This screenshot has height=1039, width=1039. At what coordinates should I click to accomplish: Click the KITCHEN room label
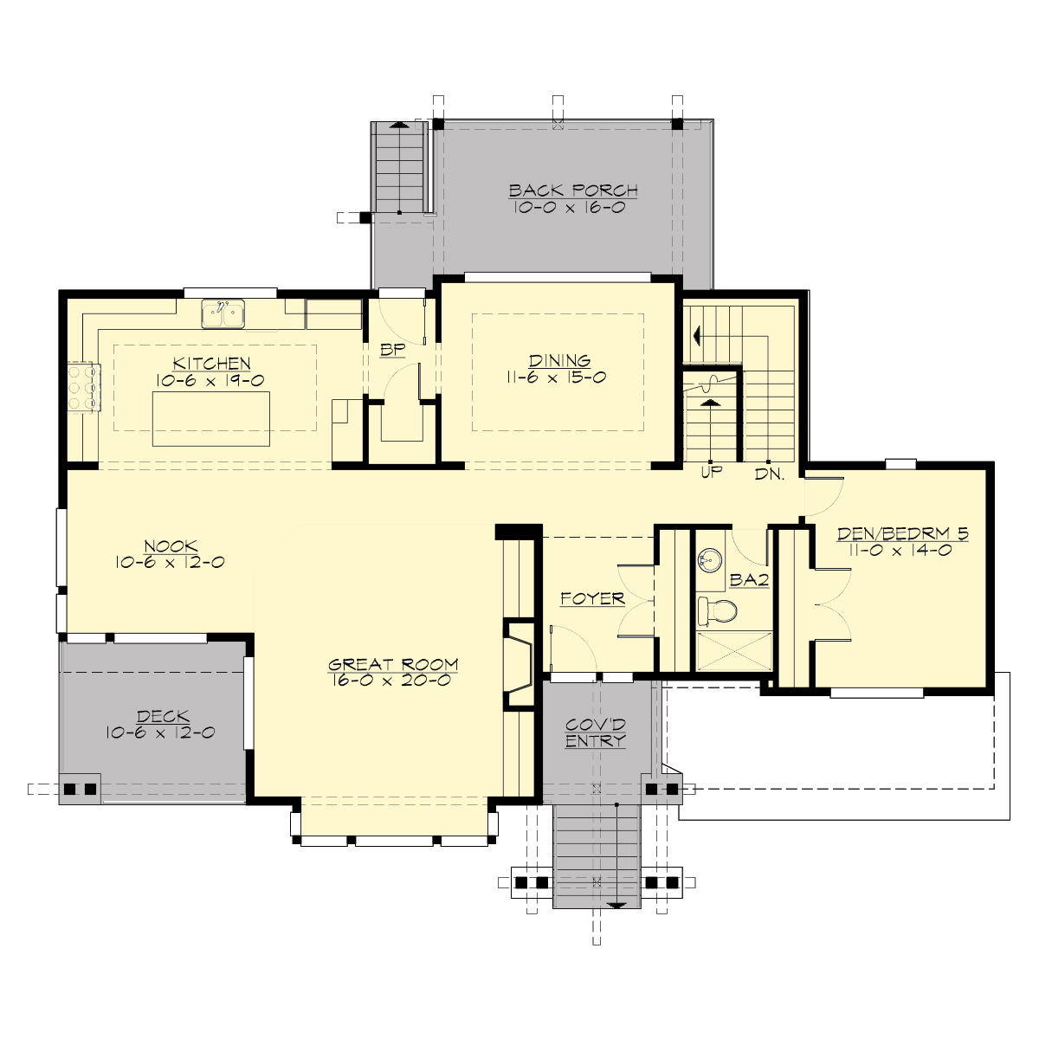(211, 364)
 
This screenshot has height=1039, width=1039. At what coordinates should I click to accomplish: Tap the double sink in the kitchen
(224, 314)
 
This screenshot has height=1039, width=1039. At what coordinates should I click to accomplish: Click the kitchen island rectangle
(211, 418)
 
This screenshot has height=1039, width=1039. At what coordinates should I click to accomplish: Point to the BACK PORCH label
(573, 190)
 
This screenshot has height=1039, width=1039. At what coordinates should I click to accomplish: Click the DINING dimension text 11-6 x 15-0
(559, 378)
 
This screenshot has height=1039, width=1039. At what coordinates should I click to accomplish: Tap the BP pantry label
(393, 352)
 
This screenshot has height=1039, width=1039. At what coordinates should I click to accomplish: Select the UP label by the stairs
(710, 474)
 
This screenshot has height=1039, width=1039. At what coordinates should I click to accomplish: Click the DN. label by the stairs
(769, 474)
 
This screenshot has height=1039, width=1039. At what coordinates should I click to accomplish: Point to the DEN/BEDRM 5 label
(902, 534)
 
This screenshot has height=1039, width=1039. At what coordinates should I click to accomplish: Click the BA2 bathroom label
(749, 580)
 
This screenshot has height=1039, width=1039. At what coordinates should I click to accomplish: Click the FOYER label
(592, 598)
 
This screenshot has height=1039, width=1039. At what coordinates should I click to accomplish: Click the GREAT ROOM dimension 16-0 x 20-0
(392, 681)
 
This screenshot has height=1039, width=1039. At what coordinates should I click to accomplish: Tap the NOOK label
(171, 546)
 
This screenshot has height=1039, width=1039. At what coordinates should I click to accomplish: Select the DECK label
(163, 716)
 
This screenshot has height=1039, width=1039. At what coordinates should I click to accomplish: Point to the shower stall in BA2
(735, 650)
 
